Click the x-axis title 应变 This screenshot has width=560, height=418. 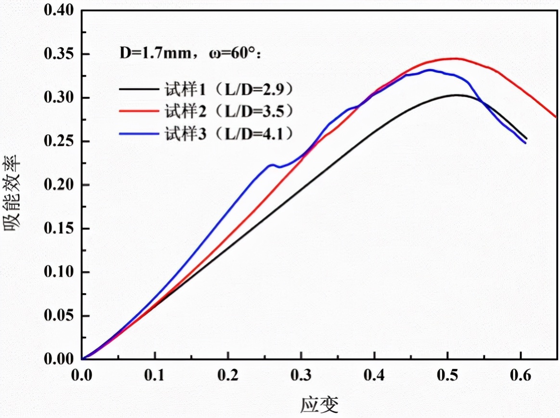pos(319,405)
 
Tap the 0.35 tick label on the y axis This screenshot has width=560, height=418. pos(59,54)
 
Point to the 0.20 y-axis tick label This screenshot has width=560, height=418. pos(59,185)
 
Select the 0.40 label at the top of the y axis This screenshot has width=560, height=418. pos(59,11)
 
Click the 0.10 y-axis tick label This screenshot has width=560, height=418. pos(59,272)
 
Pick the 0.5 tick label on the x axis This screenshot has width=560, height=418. pos(447,376)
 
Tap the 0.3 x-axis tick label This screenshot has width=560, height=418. pos(301,376)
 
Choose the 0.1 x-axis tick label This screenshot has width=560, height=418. pos(155,376)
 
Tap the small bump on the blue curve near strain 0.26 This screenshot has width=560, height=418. pos(272,165)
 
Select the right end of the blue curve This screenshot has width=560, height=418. pos(525,143)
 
